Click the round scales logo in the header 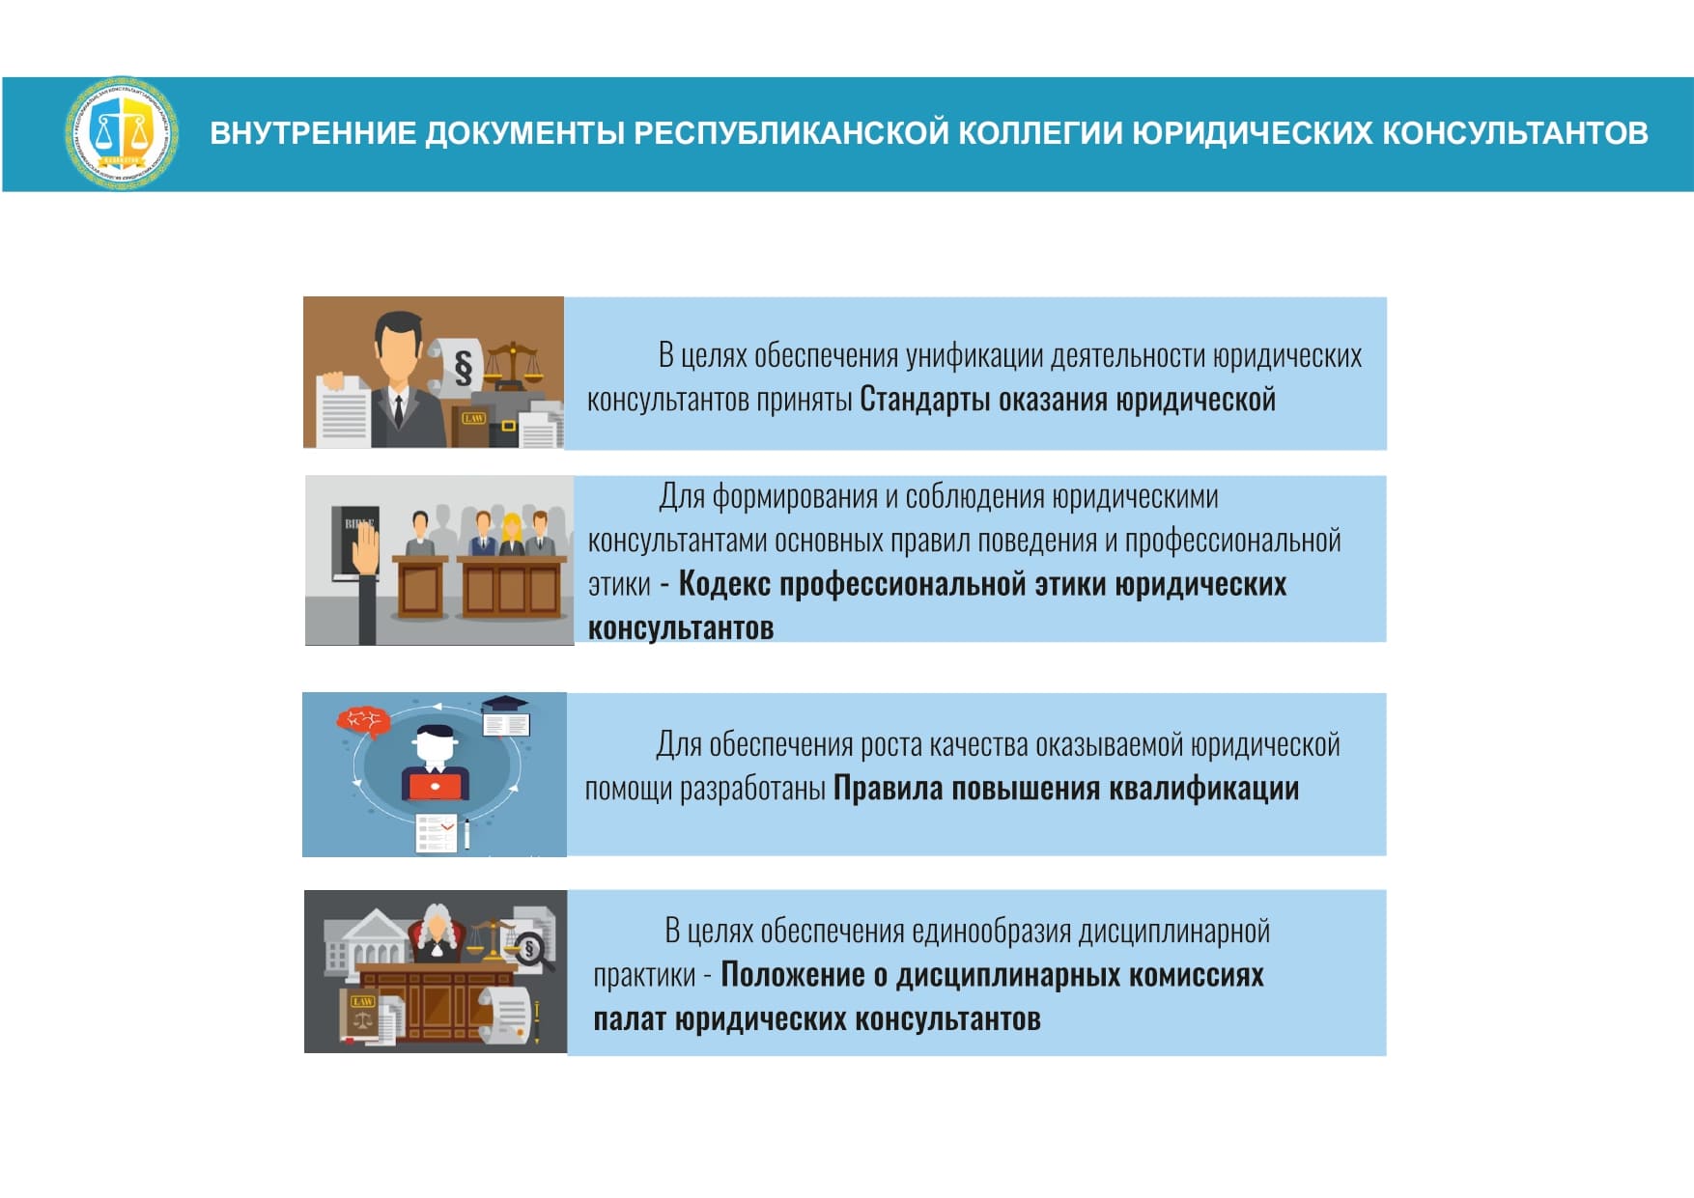(122, 133)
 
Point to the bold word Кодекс (724, 583)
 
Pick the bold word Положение (793, 974)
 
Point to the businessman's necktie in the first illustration (398, 410)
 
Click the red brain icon (363, 720)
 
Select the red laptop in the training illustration (436, 787)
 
